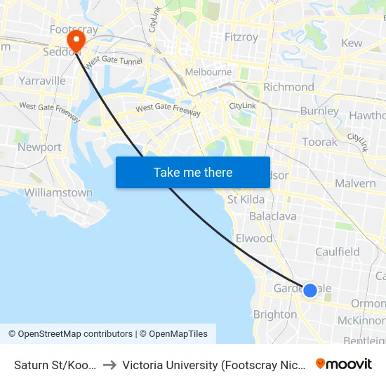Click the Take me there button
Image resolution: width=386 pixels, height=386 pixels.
tap(193, 172)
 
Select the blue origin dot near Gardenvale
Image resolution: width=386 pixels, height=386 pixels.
tap(310, 289)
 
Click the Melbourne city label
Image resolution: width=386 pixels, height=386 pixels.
tap(208, 72)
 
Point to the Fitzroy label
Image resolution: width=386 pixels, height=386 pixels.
tap(241, 37)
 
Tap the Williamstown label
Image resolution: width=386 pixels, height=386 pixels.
tap(58, 192)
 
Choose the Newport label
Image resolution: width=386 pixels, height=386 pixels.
tap(40, 147)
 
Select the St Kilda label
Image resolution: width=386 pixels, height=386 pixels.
tap(246, 199)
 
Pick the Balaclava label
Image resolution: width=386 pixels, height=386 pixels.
tap(273, 216)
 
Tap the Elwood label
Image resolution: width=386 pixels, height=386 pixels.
tap(254, 239)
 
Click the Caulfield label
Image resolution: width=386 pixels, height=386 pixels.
tap(338, 252)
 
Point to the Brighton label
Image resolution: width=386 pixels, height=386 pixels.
tap(275, 315)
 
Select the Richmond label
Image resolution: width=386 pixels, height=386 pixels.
tap(288, 87)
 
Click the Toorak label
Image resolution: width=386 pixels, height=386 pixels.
tap(320, 142)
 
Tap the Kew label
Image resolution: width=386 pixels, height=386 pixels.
tap(352, 43)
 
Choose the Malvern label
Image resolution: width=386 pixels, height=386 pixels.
tap(355, 183)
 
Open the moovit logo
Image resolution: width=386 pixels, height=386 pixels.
tap(344, 364)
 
